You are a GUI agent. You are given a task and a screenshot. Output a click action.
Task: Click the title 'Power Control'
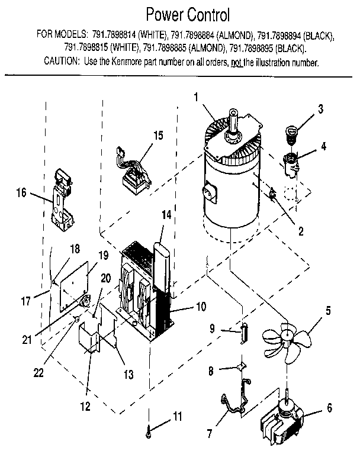(x=179, y=14)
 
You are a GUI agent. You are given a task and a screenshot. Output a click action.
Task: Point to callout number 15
(x=157, y=135)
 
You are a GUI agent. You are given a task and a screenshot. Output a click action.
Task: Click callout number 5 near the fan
(x=328, y=310)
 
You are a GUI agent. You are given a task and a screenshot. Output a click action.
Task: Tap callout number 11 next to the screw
(x=178, y=418)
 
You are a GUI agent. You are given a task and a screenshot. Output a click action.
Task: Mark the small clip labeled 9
(x=242, y=333)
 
